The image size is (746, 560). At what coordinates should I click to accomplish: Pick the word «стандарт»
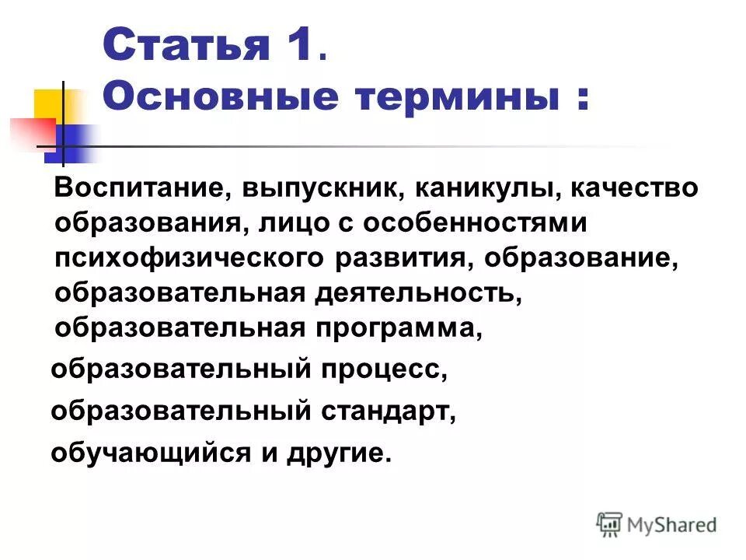pyautogui.click(x=386, y=410)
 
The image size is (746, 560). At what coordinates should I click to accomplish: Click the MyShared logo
pyautogui.click(x=657, y=523)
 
